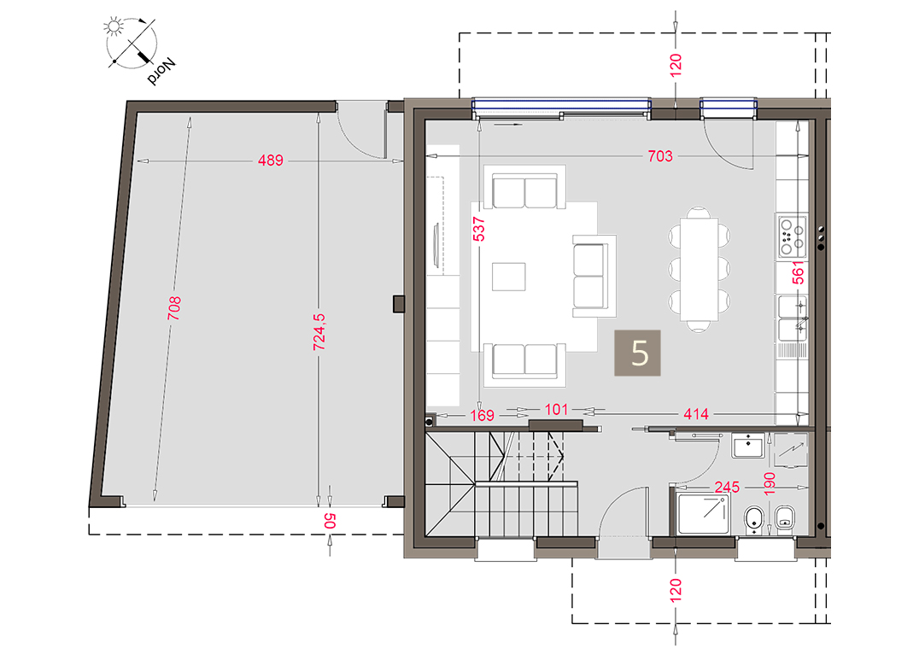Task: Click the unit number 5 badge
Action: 637,353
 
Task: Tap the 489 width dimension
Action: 271,160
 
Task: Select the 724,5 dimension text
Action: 319,332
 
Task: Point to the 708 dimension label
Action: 174,308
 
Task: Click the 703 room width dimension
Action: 660,155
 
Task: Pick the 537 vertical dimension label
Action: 479,229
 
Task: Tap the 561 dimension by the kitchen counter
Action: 799,272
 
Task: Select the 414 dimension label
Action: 696,414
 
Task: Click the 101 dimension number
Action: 556,410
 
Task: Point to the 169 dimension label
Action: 482,415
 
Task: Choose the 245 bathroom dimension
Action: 727,487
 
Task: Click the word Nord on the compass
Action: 161,71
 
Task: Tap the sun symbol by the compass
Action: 113,26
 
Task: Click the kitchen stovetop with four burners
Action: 793,237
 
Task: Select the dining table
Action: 699,269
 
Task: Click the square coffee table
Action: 509,277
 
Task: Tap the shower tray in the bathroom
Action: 703,514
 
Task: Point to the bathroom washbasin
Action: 748,447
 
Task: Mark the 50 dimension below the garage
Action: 330,521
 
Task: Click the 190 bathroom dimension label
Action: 770,483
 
